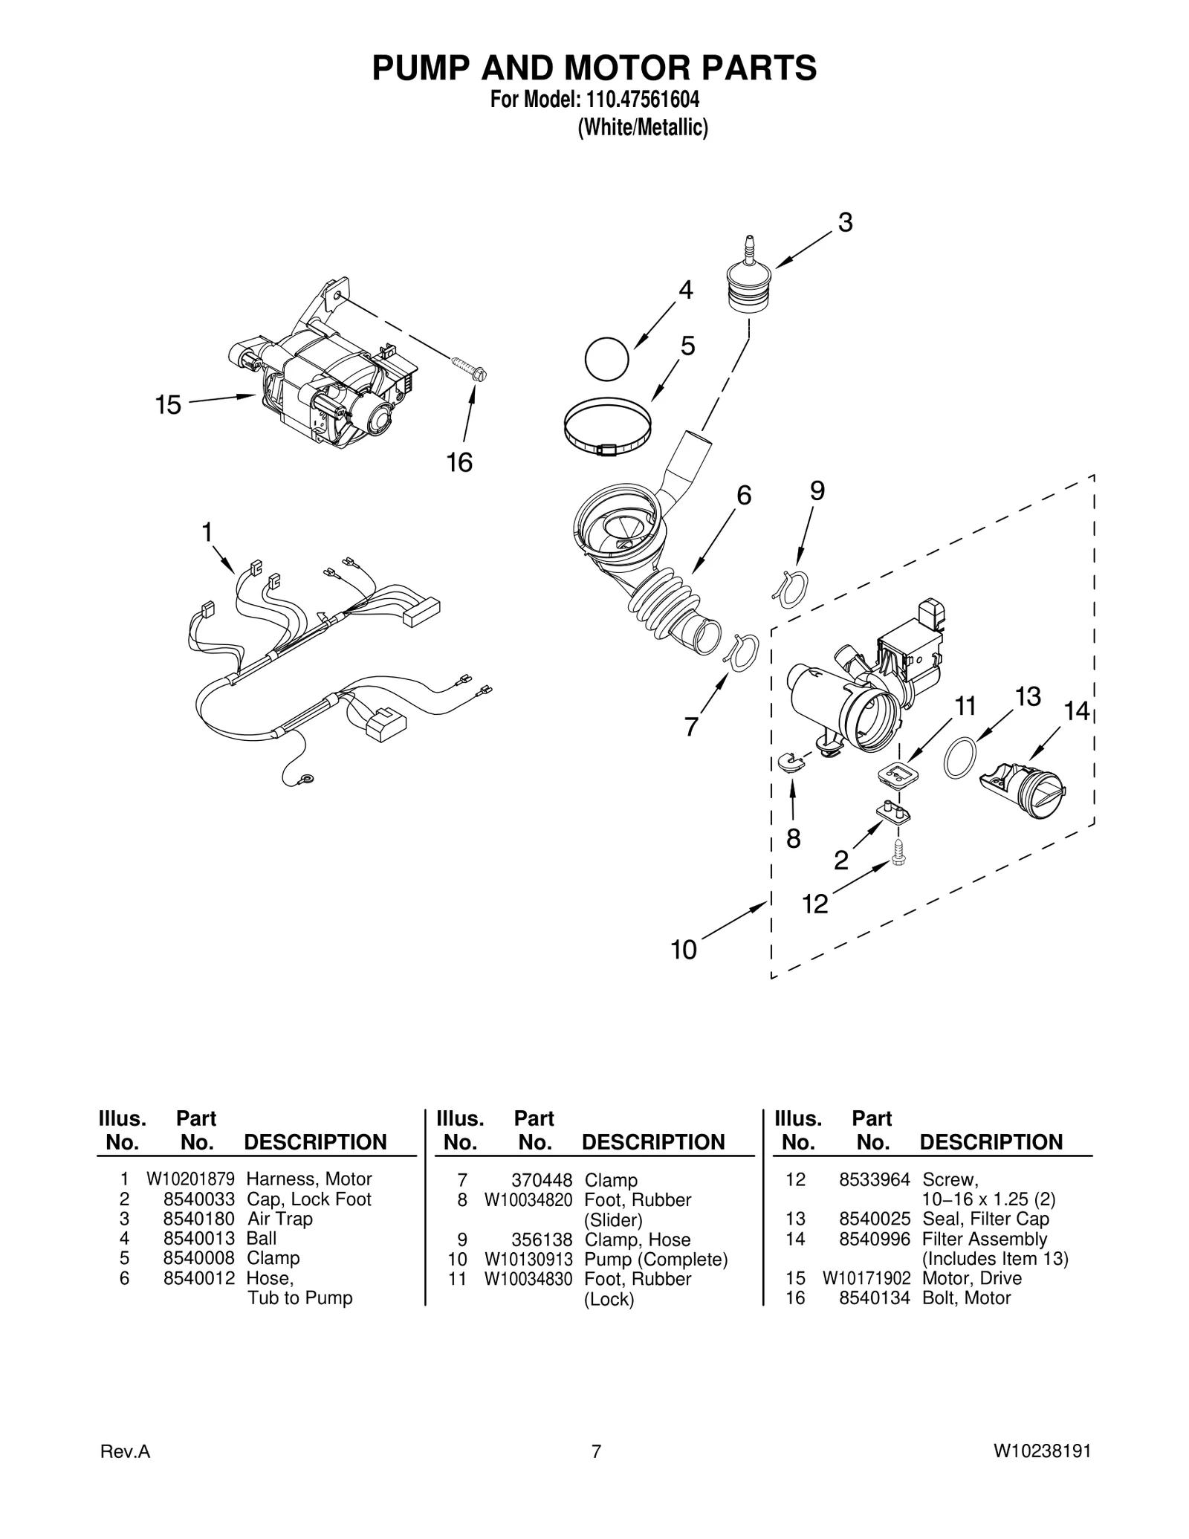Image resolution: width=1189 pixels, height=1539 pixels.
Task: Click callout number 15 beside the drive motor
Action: [168, 405]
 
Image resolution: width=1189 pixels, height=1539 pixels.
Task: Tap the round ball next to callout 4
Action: [606, 359]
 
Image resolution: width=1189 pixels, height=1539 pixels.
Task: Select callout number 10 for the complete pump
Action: [684, 949]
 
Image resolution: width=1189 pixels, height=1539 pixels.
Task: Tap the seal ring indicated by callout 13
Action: [959, 757]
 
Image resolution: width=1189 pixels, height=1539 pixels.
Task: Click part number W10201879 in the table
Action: [190, 1179]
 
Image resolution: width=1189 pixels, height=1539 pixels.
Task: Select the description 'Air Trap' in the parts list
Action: [279, 1219]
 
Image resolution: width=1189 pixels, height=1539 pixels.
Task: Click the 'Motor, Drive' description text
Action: [971, 1278]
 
